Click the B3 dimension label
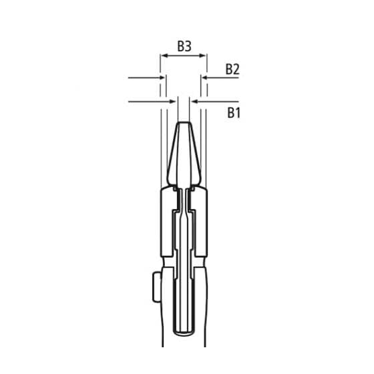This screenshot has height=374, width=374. [x=184, y=46]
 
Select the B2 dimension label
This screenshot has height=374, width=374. [x=232, y=69]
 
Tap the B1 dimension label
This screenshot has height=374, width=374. [x=233, y=112]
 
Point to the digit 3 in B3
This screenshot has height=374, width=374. [x=189, y=46]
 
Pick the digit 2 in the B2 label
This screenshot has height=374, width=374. [x=237, y=69]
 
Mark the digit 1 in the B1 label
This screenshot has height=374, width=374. [x=238, y=112]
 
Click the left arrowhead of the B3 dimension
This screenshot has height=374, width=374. [x=163, y=57]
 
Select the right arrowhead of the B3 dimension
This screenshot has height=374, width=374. [x=204, y=57]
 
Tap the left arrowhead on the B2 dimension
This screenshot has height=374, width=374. [x=161, y=78]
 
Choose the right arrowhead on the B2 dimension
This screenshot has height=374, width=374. [x=204, y=78]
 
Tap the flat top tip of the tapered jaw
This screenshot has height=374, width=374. [x=184, y=122]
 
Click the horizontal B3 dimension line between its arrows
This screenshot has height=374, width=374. [x=184, y=57]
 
